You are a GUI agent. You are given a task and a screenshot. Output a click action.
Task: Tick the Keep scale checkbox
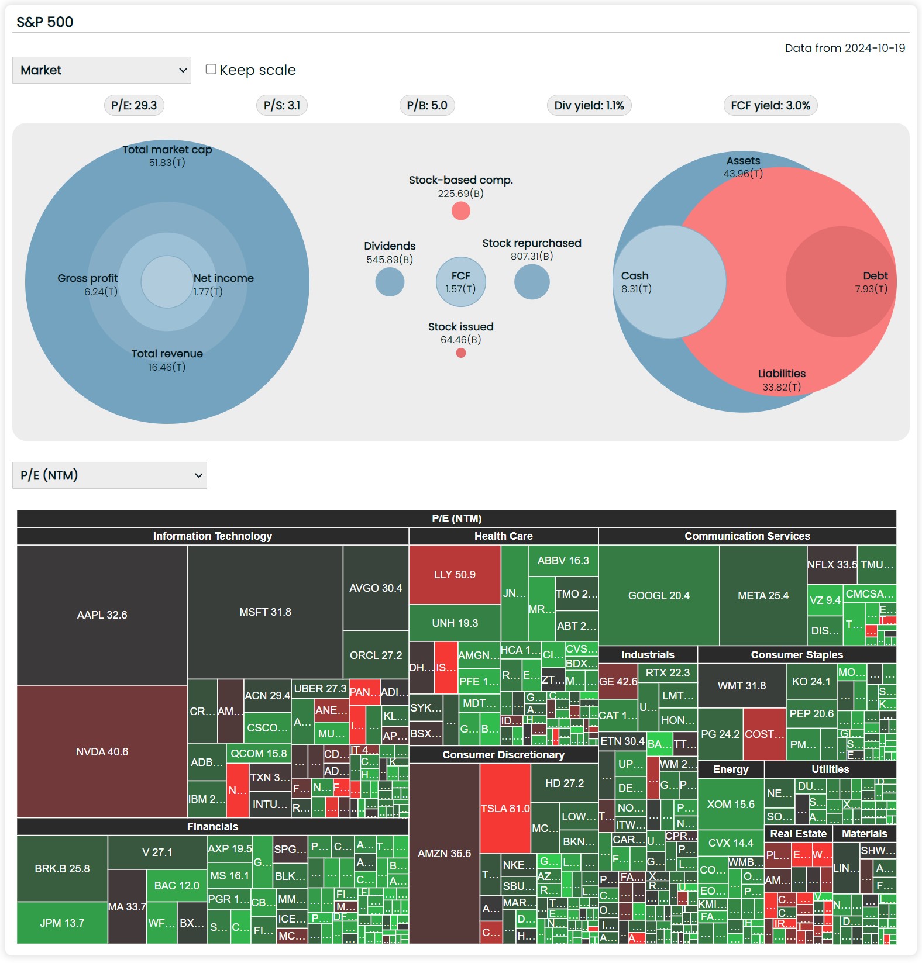click(x=211, y=69)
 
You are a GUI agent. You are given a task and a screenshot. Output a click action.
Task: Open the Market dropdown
click(x=102, y=70)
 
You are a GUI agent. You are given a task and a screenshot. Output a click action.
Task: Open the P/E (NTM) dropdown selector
click(x=109, y=475)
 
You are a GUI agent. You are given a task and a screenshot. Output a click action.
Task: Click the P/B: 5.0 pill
click(x=427, y=105)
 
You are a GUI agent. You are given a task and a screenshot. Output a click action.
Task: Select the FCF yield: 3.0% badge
click(x=770, y=105)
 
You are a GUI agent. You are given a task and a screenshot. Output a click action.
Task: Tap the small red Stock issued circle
click(x=461, y=353)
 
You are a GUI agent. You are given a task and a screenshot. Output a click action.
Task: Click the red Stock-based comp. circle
click(x=461, y=210)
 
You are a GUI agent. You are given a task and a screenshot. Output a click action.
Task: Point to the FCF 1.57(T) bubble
click(x=461, y=282)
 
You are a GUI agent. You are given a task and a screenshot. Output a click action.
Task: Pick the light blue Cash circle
click(x=669, y=282)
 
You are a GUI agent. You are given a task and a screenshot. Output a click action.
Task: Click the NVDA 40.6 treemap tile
click(x=102, y=751)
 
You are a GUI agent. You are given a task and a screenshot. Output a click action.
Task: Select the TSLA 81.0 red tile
click(x=505, y=808)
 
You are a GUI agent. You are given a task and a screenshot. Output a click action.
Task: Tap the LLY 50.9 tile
click(x=455, y=575)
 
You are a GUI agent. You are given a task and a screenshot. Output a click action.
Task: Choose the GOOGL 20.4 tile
click(x=659, y=595)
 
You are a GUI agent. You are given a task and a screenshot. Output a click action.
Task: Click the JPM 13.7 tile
click(x=62, y=923)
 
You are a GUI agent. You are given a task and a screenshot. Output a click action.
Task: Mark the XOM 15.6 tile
click(x=731, y=805)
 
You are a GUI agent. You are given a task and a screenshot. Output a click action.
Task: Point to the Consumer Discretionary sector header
click(x=503, y=755)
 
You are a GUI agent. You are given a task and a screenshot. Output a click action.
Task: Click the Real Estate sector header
click(x=798, y=834)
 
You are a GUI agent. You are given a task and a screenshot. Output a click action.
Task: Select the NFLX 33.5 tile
click(x=832, y=565)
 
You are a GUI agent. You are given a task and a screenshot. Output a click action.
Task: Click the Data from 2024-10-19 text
click(x=845, y=48)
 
